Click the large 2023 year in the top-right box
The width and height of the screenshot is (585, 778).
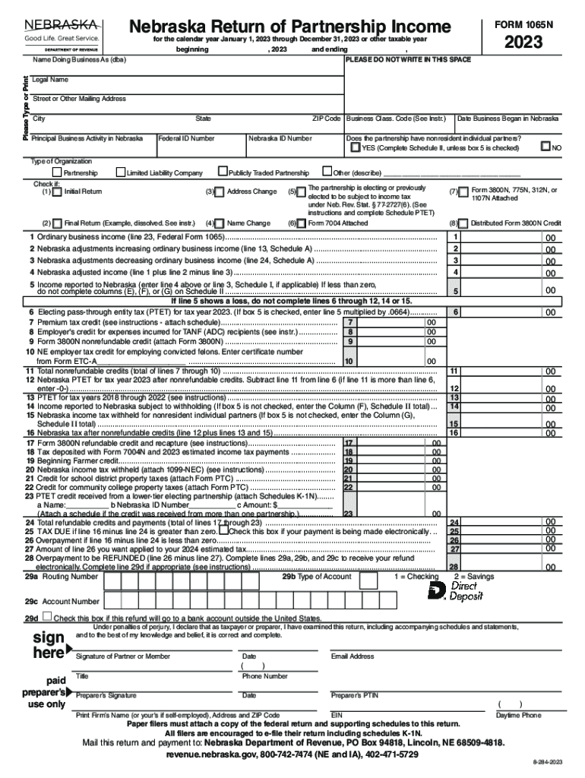(x=523, y=43)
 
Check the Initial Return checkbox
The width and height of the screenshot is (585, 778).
(x=58, y=192)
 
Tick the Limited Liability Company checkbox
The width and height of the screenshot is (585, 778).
(x=120, y=172)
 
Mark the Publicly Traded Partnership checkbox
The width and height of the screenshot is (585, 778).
(x=223, y=172)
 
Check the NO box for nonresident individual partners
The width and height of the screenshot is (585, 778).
(x=544, y=147)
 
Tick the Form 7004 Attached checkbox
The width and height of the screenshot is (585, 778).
(x=301, y=223)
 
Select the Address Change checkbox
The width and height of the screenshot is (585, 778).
(x=220, y=192)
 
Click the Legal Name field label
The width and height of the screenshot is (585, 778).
(x=50, y=80)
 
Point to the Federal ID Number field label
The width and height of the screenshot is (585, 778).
(x=186, y=138)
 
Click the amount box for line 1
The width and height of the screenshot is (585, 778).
(x=501, y=238)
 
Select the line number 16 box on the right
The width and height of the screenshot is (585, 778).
(x=454, y=432)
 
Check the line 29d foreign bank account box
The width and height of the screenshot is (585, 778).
(x=47, y=617)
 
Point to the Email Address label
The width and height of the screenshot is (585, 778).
(x=353, y=656)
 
